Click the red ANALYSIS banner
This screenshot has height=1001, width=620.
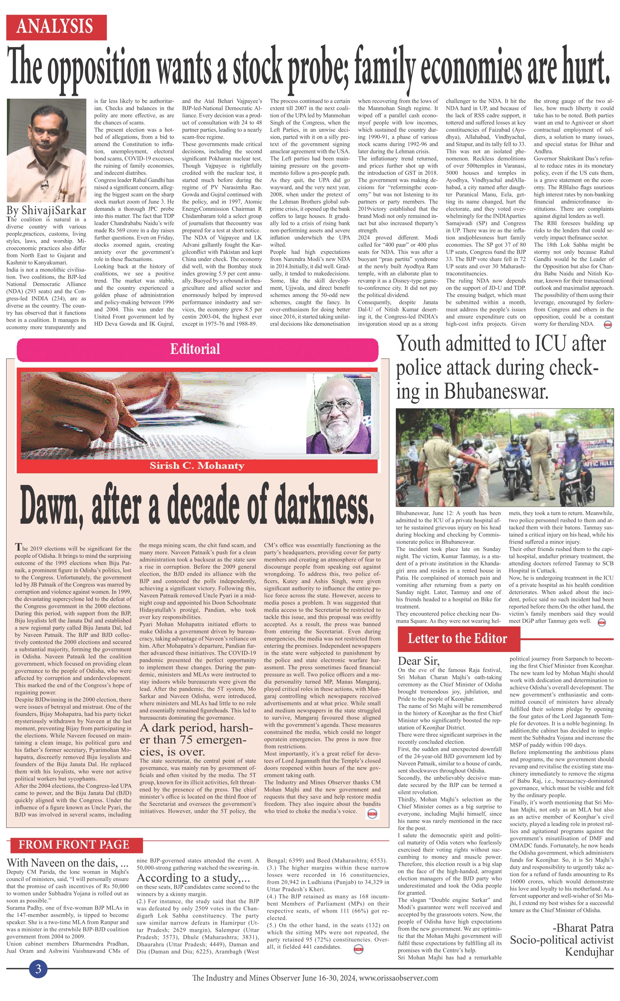56,27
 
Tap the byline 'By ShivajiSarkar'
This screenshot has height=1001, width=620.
46,210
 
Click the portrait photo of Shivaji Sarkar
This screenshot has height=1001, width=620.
46,150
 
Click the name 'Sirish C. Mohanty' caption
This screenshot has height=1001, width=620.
197,466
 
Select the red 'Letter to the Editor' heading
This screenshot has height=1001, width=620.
457,639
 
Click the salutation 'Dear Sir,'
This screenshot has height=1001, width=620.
419,661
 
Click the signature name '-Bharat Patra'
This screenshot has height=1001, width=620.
582,928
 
